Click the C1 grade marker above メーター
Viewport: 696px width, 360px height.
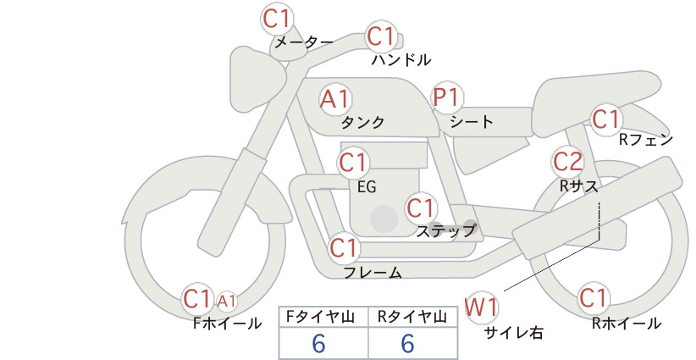click(x=276, y=19)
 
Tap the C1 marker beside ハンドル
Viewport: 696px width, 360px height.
click(x=380, y=36)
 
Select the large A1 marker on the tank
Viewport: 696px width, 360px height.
click(x=334, y=99)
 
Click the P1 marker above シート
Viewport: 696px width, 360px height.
click(x=446, y=97)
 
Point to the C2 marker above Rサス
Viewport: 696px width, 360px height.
click(x=567, y=162)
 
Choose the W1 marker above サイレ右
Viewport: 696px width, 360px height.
click(x=481, y=307)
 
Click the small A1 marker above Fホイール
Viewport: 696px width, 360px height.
click(x=226, y=302)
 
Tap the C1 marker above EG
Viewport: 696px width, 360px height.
click(x=353, y=163)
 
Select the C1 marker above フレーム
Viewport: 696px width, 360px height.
click(x=344, y=247)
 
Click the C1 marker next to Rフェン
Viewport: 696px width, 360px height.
click(x=605, y=119)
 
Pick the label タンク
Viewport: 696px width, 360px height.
click(x=362, y=122)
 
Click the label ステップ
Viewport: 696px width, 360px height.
click(x=446, y=231)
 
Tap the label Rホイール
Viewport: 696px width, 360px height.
click(x=627, y=324)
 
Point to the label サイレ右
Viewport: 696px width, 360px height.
click(x=514, y=333)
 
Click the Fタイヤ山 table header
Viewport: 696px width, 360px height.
click(x=320, y=317)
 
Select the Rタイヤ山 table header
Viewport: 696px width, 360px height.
click(x=412, y=317)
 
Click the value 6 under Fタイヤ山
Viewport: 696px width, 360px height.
click(x=318, y=343)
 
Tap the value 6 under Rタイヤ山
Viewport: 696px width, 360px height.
click(x=407, y=343)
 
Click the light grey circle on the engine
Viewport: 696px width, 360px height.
click(x=384, y=219)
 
